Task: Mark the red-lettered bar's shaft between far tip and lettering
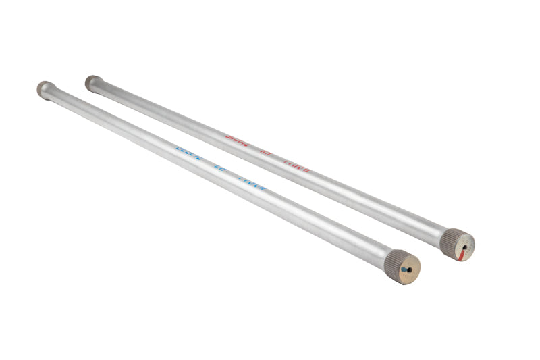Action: click(x=162, y=108)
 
